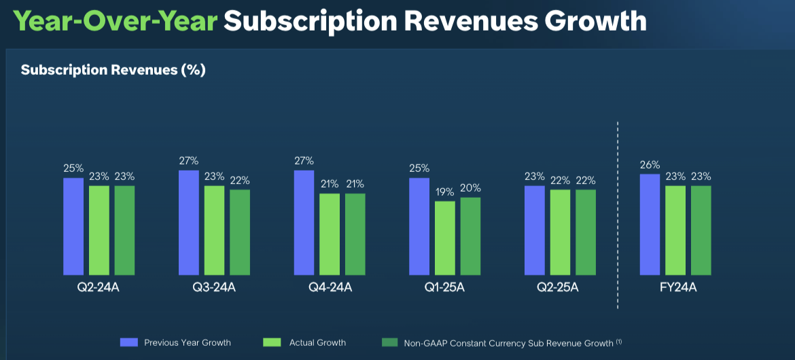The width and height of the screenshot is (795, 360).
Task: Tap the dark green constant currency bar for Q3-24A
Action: pyautogui.click(x=240, y=232)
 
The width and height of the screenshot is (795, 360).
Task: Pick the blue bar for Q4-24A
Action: pyautogui.click(x=304, y=223)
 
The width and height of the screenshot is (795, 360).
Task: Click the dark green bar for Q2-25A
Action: pyautogui.click(x=586, y=232)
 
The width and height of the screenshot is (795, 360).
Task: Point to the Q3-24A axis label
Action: pyautogui.click(x=214, y=287)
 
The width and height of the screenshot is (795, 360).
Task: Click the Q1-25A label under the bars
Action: pyautogui.click(x=444, y=287)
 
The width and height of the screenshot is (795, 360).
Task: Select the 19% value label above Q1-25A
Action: pyautogui.click(x=445, y=192)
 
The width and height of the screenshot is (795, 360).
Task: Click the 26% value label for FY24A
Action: pyautogui.click(x=650, y=164)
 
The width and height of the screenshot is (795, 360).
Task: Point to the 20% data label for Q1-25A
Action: pyautogui.click(x=470, y=188)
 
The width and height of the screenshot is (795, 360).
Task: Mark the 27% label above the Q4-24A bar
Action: pyautogui.click(x=304, y=161)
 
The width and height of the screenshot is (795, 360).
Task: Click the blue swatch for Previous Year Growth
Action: pyautogui.click(x=129, y=342)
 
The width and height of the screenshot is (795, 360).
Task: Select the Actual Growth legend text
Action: pyautogui.click(x=317, y=342)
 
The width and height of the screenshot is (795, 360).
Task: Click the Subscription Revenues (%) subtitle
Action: pyautogui.click(x=113, y=70)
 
